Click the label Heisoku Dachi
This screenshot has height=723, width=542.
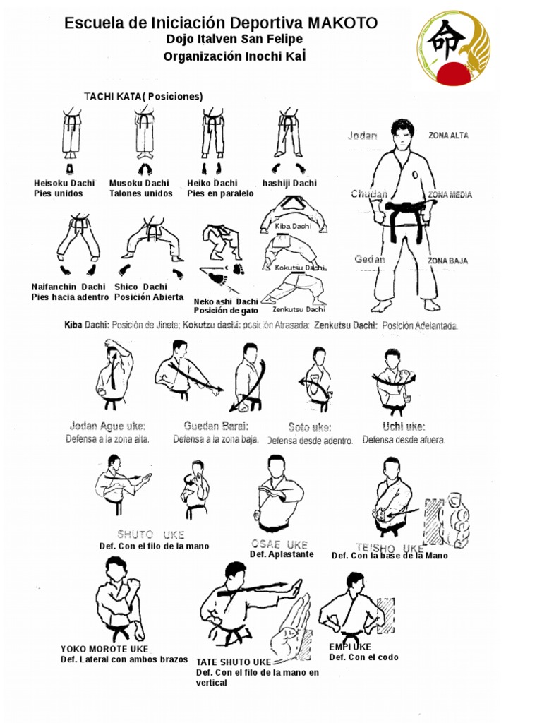[64, 184]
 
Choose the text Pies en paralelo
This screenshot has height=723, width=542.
[219, 193]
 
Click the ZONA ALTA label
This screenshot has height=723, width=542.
[448, 136]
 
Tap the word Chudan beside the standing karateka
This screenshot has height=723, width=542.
[369, 194]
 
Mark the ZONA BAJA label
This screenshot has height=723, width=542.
[448, 261]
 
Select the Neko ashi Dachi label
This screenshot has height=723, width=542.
[226, 301]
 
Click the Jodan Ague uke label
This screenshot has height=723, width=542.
[108, 426]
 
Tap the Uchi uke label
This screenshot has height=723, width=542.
[404, 426]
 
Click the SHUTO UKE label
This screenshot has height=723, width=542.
[151, 534]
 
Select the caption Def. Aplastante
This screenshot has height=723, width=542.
[282, 554]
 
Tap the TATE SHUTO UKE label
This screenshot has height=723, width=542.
[233, 662]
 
